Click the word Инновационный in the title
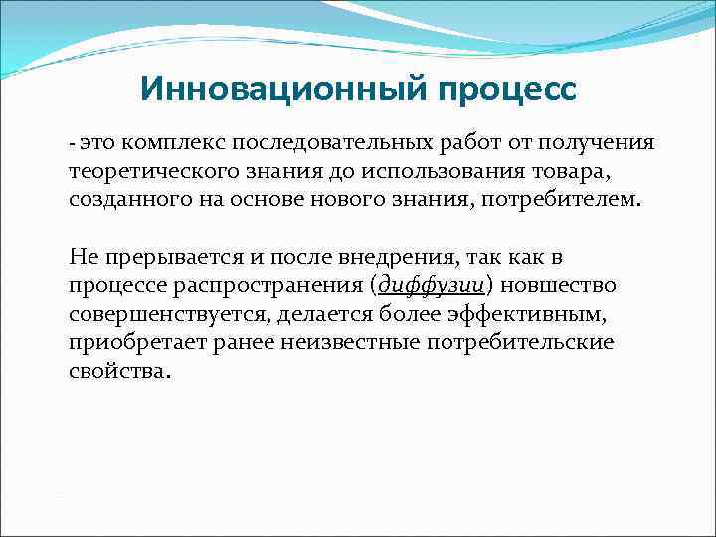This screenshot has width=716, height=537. pyautogui.click(x=270, y=89)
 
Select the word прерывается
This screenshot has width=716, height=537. pyautogui.click(x=162, y=258)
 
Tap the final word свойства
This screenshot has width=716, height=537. pyautogui.click(x=118, y=372)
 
